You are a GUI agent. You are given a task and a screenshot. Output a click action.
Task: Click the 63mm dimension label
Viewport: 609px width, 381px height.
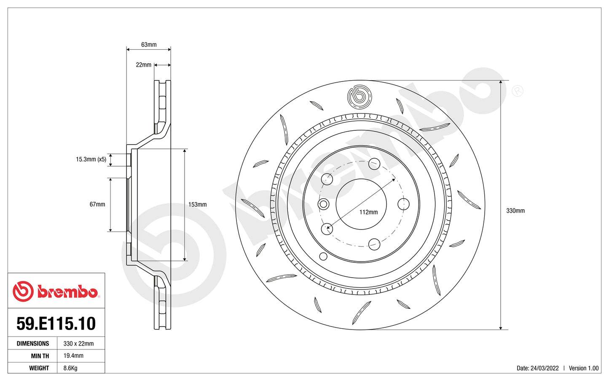(149, 45)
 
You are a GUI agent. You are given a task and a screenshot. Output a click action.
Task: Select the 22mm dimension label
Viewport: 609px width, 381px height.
(143, 65)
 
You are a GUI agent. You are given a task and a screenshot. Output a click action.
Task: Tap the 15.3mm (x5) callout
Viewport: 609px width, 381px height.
(91, 159)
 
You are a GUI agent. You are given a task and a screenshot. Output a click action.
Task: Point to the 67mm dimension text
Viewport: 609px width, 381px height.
(97, 204)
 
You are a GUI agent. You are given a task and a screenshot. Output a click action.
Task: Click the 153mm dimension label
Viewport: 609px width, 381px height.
(197, 205)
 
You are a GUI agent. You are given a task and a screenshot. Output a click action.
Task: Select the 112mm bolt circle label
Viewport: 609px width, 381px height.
(368, 212)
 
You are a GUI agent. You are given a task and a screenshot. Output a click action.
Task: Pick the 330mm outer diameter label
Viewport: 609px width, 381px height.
(515, 211)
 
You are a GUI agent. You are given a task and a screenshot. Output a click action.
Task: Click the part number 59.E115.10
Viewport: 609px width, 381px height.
(56, 324)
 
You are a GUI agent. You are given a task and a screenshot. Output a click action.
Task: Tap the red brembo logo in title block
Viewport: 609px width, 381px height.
(56, 292)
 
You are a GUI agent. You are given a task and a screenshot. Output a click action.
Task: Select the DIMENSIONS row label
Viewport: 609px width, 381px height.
(33, 343)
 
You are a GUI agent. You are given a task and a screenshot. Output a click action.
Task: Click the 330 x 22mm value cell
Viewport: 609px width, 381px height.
(78, 343)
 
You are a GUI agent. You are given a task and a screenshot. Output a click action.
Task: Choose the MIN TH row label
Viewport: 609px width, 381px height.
(40, 356)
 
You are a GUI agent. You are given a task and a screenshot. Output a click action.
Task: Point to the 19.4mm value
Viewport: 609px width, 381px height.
(73, 356)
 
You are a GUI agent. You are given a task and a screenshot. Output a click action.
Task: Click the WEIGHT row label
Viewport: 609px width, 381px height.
(39, 368)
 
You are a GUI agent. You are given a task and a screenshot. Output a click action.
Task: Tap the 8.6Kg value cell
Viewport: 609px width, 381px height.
(70, 368)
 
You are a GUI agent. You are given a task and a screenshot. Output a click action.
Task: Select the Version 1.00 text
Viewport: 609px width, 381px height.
(583, 368)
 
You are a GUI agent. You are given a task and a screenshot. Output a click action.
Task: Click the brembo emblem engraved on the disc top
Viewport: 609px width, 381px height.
(359, 96)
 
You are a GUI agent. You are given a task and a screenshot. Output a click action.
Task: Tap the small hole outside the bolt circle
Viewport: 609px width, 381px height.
(323, 256)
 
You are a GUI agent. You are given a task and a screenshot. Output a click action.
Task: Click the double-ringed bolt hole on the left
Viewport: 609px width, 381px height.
(324, 205)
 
